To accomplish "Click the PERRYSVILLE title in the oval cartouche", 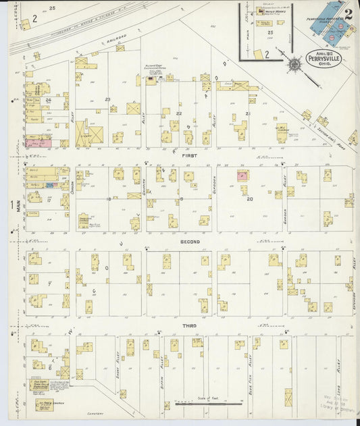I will [325, 59].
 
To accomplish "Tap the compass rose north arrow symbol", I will [294, 65].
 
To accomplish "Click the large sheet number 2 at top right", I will [348, 12].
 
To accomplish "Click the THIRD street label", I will [190, 325].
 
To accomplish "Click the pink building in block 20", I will [241, 176].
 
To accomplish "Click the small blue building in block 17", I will [49, 184].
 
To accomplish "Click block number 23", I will [107, 99].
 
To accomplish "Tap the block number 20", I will [250, 199].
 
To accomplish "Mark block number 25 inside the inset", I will [271, 32].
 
